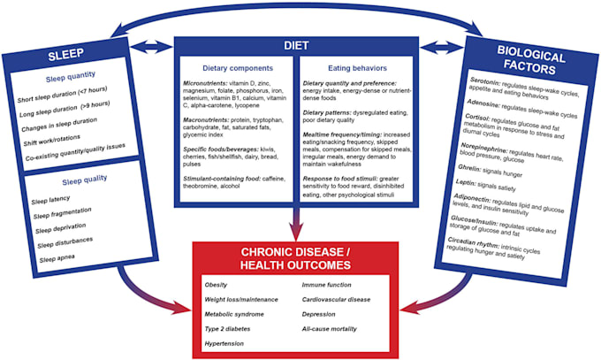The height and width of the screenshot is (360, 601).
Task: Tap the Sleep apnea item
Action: click(59, 258)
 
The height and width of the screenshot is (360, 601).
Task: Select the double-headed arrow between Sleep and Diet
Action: click(155, 43)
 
